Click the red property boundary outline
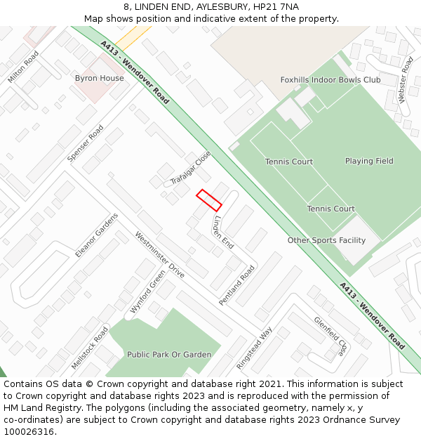pyautogui.click(x=209, y=200)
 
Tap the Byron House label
pyautogui.click(x=99, y=78)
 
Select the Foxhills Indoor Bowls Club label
pyautogui.click(x=330, y=80)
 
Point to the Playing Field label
pyautogui.click(x=369, y=161)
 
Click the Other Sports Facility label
pyautogui.click(x=326, y=240)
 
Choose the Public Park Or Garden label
pyautogui.click(x=169, y=355)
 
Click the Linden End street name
pyautogui.click(x=223, y=232)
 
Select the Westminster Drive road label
pyautogui.click(x=159, y=255)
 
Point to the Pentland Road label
pyautogui.click(x=236, y=284)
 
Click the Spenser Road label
pyautogui.click(x=85, y=144)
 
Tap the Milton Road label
pyautogui.click(x=22, y=67)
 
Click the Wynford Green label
pyautogui.click(x=147, y=291)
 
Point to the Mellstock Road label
pyautogui.click(x=90, y=348)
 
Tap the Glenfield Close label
pyautogui.click(x=330, y=336)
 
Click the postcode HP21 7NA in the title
pyautogui.click(x=279, y=6)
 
